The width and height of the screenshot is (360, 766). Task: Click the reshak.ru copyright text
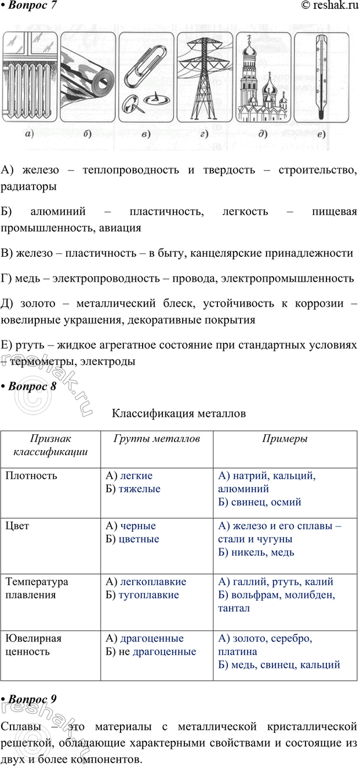click(328, 6)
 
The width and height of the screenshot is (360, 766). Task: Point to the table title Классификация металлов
click(179, 413)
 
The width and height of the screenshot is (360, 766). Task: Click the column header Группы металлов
click(154, 439)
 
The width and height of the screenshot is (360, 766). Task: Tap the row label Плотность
click(31, 476)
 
